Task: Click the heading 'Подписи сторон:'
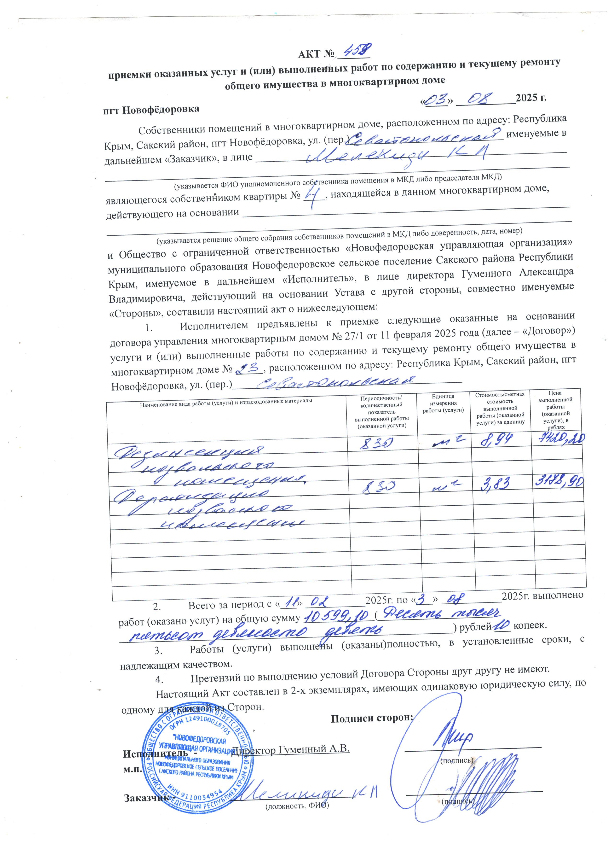coord(372,718)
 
